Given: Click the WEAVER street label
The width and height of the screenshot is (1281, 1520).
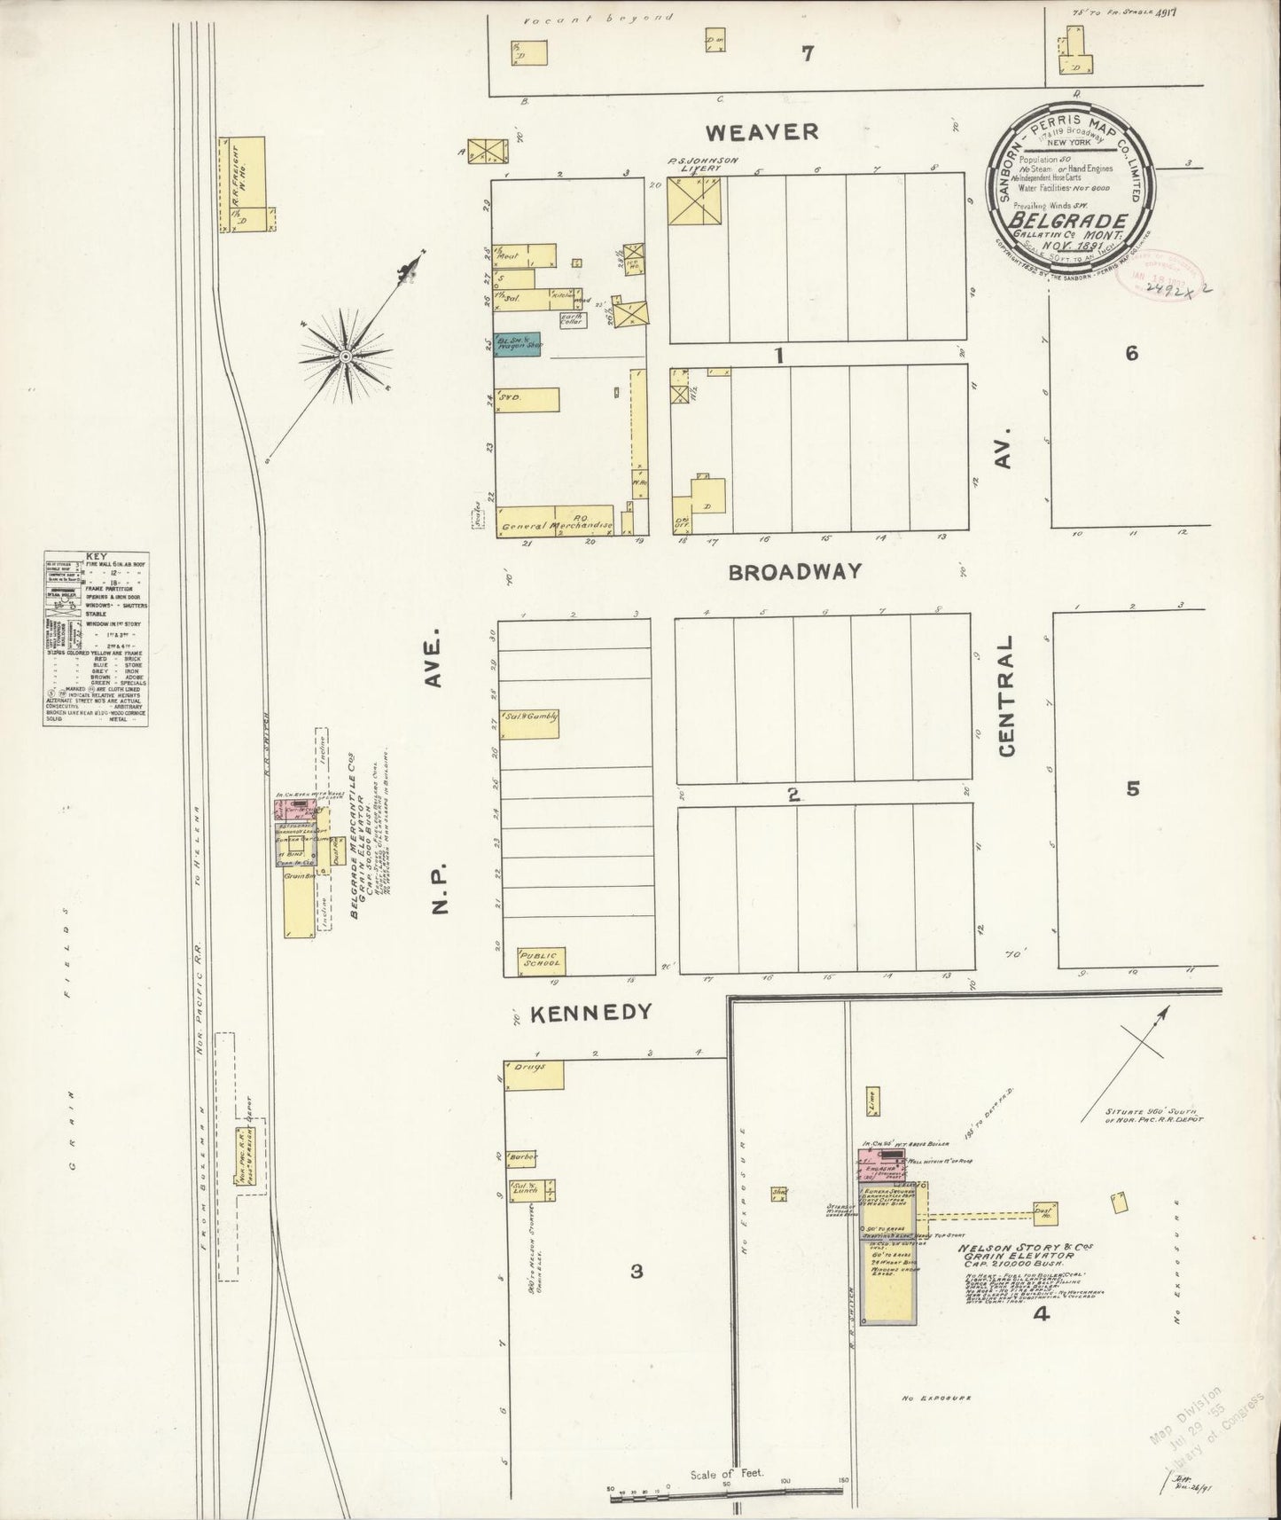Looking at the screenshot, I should [762, 132].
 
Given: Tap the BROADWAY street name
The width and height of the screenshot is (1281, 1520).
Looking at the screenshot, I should [793, 572].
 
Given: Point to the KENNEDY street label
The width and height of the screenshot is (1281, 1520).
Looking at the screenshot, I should [590, 1013].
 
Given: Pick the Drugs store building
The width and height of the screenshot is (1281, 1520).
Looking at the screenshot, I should [534, 1074].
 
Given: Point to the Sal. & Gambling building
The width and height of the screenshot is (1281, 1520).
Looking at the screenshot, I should [529, 725].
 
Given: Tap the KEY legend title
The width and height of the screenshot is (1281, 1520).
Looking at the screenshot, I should [95, 558].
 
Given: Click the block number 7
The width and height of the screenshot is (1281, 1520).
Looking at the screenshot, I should [807, 54].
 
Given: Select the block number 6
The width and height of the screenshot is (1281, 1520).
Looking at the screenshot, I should [1131, 354].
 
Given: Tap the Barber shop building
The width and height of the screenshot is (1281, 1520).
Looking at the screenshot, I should [522, 1157].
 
